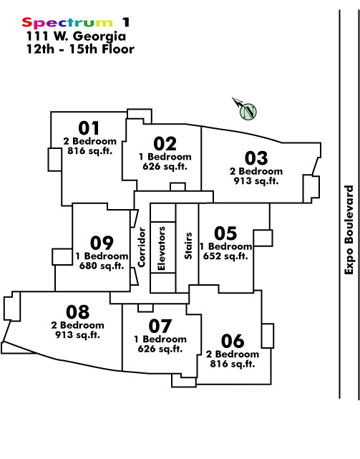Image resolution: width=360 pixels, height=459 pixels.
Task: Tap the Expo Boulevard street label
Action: point(349,230)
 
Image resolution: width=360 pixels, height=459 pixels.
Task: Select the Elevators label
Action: point(161,248)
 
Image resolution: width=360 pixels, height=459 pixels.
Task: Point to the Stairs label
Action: point(188,246)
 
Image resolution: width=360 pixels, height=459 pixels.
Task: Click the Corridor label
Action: point(142,247)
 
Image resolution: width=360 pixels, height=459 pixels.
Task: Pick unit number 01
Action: point(89,128)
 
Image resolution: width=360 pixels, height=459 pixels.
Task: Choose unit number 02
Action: point(165,144)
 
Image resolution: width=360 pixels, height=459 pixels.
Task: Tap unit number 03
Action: point(256,158)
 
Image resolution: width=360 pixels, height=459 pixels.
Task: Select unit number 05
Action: point(225,233)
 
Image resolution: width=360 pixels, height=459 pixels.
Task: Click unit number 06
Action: point(233,341)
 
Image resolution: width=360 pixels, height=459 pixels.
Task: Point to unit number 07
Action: point(160,326)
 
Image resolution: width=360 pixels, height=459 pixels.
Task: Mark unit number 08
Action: point(77,312)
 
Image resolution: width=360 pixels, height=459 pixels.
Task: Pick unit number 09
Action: point(102,243)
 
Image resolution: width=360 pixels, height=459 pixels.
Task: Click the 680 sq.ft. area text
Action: point(102,266)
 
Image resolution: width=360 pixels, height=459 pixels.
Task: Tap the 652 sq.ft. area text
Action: point(225,256)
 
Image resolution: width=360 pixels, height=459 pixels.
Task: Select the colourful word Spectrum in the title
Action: point(67,22)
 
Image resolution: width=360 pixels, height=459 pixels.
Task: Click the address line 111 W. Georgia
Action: point(76,37)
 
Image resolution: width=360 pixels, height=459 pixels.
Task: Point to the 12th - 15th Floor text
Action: point(80,49)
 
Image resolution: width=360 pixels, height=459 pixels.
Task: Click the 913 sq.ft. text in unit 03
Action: point(256,181)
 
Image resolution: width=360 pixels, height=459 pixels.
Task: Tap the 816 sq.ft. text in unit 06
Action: point(233,364)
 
